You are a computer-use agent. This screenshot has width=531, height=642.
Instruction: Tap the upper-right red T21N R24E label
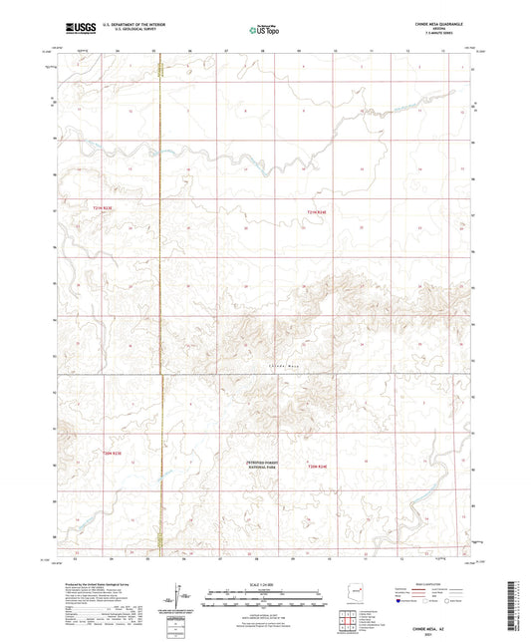coord(317,209)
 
